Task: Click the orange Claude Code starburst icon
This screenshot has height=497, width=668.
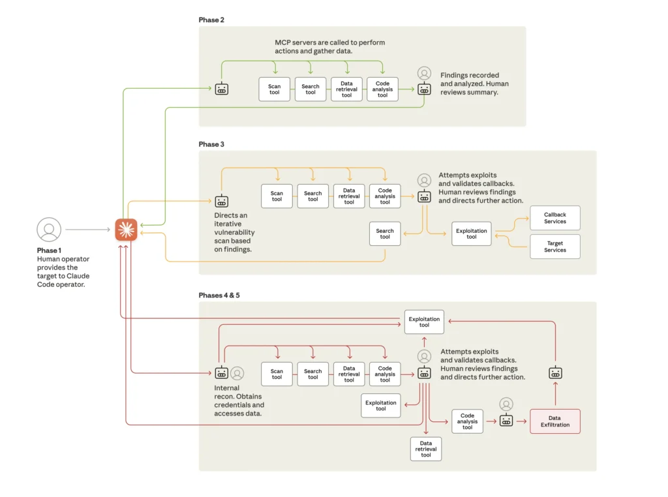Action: (x=126, y=230)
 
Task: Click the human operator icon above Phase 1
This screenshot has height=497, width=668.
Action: (x=49, y=230)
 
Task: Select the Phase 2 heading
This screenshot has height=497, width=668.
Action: (x=211, y=20)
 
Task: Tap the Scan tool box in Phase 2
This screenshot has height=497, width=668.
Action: (x=275, y=89)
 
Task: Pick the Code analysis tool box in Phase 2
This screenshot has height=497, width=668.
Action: (x=382, y=89)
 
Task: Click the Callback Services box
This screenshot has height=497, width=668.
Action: (x=555, y=218)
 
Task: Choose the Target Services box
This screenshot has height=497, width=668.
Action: (x=555, y=247)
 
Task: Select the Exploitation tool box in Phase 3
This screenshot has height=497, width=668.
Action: (x=471, y=233)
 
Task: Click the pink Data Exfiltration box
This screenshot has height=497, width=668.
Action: (x=554, y=421)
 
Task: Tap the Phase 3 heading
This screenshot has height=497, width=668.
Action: (x=211, y=144)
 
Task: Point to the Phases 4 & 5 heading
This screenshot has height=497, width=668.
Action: (x=219, y=295)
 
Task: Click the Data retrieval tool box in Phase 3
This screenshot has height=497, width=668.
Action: (x=349, y=196)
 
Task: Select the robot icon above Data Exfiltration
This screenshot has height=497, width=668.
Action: (x=555, y=373)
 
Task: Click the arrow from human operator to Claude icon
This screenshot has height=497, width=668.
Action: (x=87, y=230)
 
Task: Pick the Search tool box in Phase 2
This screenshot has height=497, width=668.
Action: (x=311, y=89)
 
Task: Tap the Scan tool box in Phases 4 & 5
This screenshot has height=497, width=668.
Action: (x=277, y=374)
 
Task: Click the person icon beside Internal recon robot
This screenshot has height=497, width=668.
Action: (x=237, y=373)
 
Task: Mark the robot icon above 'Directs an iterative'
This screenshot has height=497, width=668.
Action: (x=222, y=201)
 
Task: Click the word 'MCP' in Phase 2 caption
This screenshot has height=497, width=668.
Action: (x=282, y=42)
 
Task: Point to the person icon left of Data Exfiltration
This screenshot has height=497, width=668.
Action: (x=506, y=404)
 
